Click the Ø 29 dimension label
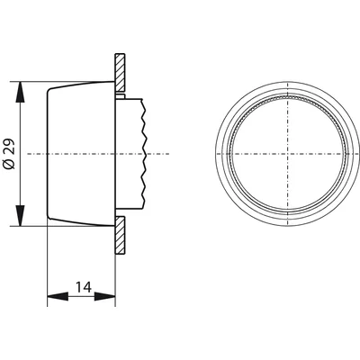8,155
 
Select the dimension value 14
82,287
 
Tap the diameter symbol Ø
8,166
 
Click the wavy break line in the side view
143,155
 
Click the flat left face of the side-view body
46,155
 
